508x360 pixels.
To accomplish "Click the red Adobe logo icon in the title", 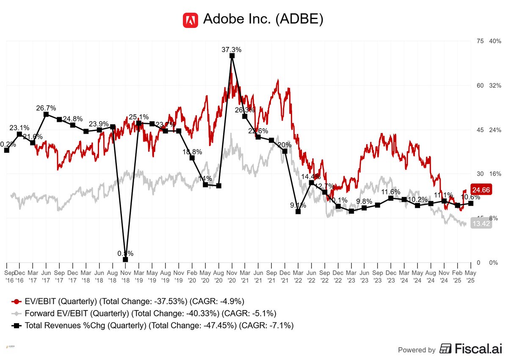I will coord(190,20).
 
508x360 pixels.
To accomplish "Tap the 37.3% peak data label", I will coord(232,49).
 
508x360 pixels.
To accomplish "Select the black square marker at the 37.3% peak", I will coord(232,55).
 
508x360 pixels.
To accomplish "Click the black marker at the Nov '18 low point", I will coord(126,260).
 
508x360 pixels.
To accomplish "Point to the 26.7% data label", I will coord(46,108).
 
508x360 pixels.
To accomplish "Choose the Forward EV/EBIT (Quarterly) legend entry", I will coord(144,313).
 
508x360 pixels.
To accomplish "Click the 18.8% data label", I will coord(192,152).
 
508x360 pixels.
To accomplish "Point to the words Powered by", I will coord(417,350).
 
